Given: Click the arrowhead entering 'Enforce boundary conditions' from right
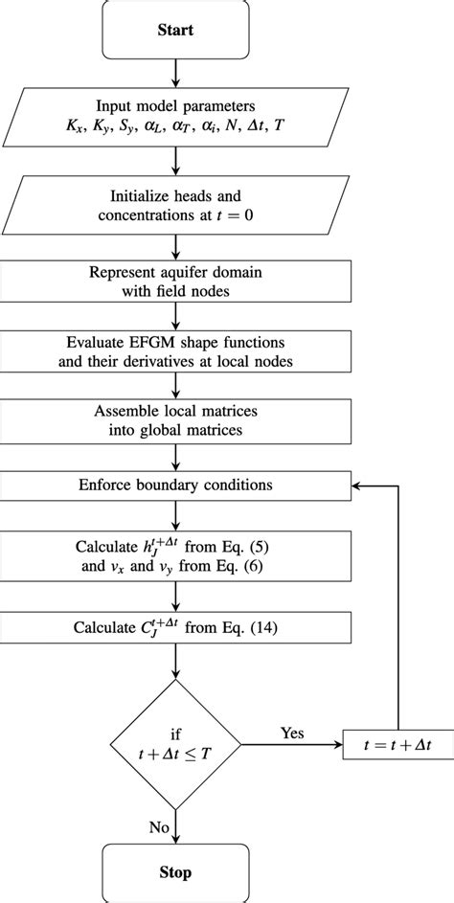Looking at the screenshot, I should (355, 485).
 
